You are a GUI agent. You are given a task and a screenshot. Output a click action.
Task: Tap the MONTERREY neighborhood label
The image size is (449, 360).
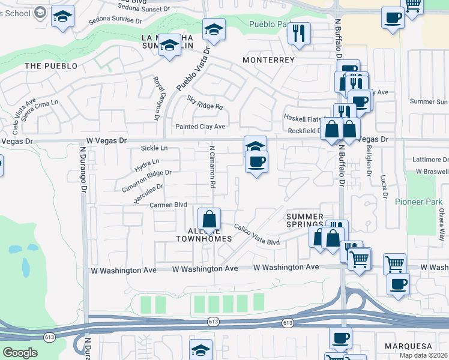(x=268, y=60)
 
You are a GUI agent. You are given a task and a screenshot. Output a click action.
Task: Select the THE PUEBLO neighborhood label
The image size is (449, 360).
(x=51, y=65)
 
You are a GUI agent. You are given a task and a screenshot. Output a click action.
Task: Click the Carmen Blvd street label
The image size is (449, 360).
(x=169, y=205)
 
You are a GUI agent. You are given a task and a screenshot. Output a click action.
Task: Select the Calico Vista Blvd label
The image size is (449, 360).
(x=257, y=235)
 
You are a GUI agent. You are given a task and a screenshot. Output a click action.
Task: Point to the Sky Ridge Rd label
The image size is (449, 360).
(x=205, y=103)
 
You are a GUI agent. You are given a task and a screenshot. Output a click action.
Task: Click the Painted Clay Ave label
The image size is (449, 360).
(x=200, y=127)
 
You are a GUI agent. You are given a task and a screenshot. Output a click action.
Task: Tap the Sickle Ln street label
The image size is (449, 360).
(x=154, y=148)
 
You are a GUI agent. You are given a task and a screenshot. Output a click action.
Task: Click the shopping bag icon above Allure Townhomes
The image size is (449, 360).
(x=209, y=220)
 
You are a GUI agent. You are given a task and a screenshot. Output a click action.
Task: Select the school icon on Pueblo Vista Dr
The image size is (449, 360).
(x=214, y=29)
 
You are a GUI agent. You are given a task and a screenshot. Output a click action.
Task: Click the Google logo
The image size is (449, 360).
(x=20, y=353)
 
